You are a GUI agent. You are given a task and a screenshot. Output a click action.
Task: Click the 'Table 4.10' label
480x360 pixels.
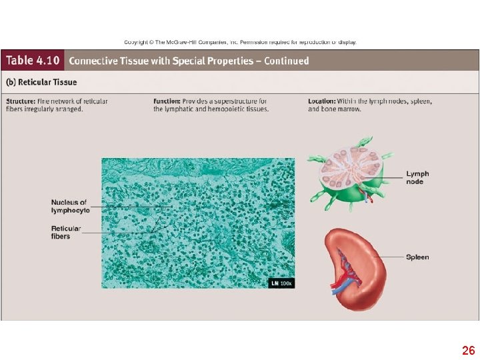(33, 61)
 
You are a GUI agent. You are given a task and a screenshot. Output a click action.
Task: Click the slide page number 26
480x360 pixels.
(468, 350)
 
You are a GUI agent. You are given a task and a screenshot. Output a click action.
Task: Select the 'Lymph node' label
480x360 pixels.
(417, 177)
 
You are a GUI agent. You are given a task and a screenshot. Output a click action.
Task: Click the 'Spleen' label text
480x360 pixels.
(417, 257)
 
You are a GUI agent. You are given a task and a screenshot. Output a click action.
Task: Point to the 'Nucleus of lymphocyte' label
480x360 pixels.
(69, 206)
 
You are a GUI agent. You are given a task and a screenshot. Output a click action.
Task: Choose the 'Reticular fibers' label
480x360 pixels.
(66, 232)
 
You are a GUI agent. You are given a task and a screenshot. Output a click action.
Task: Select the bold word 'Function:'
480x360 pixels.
(167, 101)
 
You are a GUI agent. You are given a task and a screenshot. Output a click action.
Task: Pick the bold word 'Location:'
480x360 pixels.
(323, 101)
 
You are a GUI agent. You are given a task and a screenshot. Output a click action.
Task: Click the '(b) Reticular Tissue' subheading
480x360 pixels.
(41, 82)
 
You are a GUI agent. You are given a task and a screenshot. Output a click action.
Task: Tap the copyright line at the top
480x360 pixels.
(240, 42)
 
